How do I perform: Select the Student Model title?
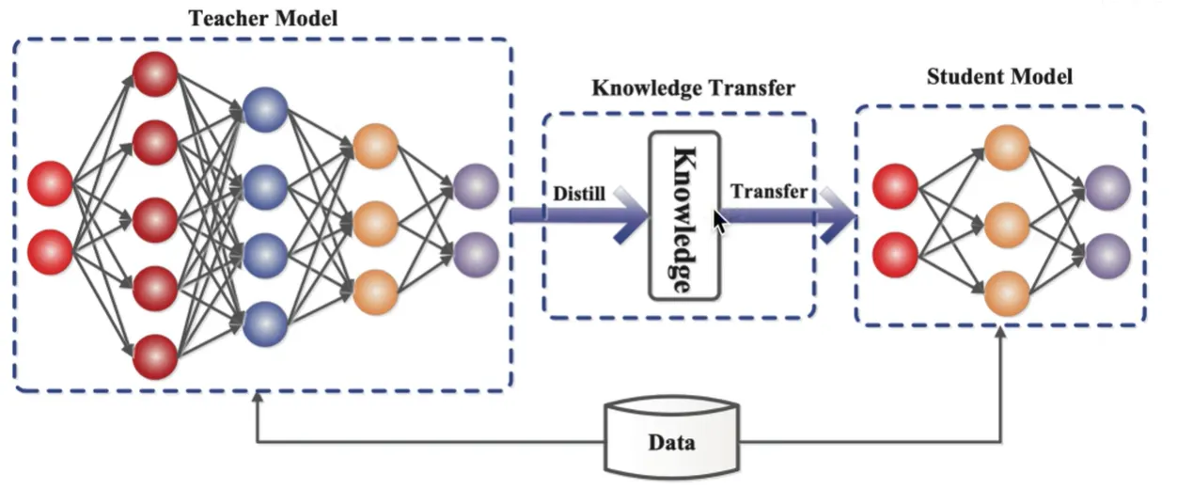click(999, 76)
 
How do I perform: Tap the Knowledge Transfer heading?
click(693, 88)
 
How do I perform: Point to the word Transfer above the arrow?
click(768, 192)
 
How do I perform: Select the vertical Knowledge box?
click(684, 215)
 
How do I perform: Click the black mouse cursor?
click(720, 222)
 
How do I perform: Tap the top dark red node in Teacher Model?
click(155, 73)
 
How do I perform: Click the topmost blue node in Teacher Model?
click(264, 110)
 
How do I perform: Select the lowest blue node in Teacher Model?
click(264, 323)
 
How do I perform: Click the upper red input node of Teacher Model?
click(51, 183)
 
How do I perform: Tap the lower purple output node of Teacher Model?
click(475, 252)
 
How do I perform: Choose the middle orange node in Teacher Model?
click(376, 223)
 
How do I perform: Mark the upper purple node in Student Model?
click(1107, 186)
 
